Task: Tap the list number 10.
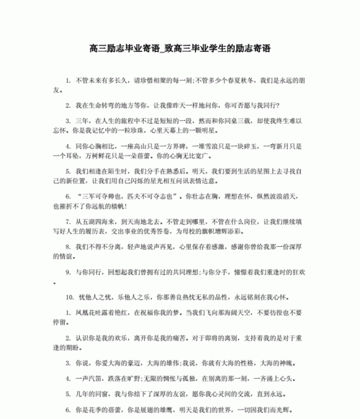point(69,297)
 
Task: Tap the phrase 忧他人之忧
point(92,297)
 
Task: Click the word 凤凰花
point(87,314)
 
